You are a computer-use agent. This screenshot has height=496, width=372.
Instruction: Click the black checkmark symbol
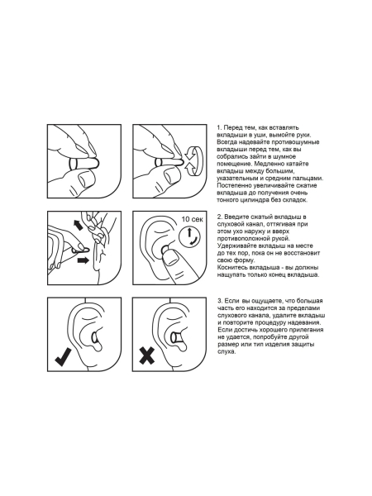coord(63,357)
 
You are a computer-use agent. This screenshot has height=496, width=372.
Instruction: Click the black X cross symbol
coord(147,355)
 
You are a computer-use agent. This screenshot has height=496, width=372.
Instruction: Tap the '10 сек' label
coord(193,219)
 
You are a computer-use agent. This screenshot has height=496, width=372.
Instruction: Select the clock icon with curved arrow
coord(189,236)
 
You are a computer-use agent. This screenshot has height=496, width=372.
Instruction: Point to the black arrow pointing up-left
coord(77,225)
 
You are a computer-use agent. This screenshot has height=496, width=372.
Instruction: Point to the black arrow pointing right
coord(83,260)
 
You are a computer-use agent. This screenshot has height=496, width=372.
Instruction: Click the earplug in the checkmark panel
coord(95,338)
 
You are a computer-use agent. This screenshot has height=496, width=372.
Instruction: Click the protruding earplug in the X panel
coord(178,337)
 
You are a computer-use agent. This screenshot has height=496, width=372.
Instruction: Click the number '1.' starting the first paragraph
coord(219,128)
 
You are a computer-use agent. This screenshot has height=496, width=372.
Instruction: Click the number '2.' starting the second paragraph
coord(220,217)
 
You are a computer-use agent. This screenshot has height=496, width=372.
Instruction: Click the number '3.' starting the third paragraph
coord(220,301)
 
